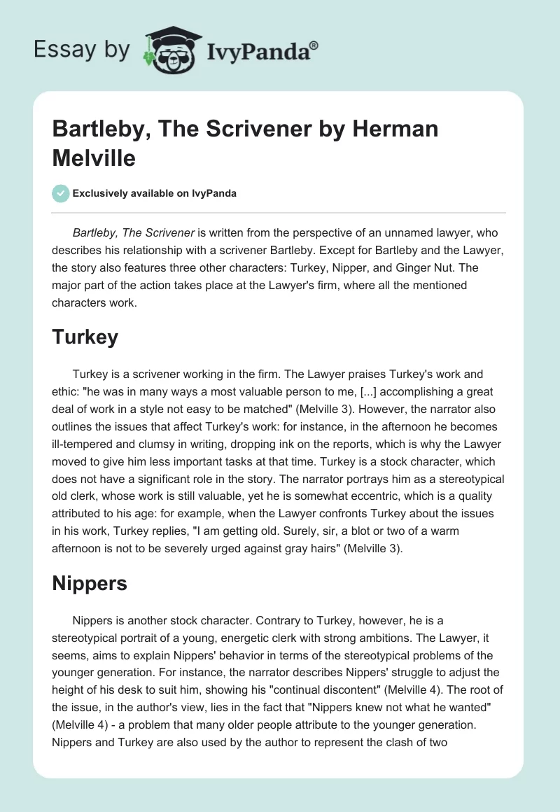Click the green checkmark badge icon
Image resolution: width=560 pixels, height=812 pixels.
pyautogui.click(x=61, y=194)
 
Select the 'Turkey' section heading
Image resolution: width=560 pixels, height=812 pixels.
pyautogui.click(x=85, y=337)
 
